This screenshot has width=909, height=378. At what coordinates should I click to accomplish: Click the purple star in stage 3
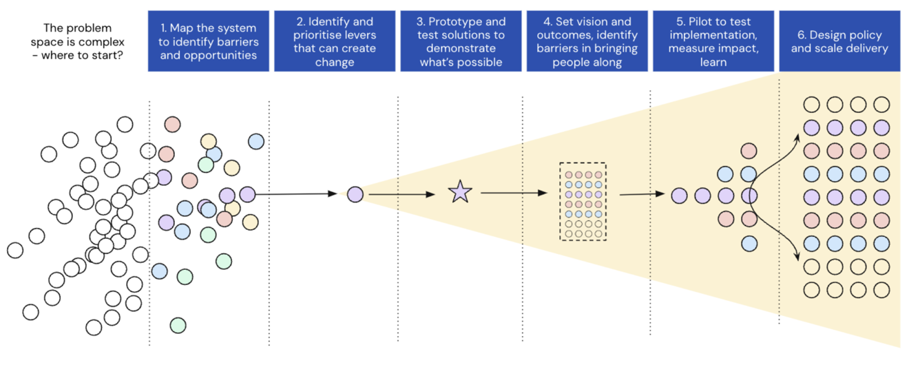click(460, 192)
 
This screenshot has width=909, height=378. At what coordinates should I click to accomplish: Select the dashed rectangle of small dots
click(583, 201)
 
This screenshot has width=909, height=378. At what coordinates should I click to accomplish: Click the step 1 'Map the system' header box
click(208, 41)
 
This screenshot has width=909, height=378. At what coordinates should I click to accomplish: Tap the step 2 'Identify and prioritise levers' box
click(335, 41)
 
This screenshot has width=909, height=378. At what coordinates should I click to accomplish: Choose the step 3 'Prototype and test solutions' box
click(461, 41)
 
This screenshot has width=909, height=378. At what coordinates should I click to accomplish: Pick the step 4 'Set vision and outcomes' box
click(587, 41)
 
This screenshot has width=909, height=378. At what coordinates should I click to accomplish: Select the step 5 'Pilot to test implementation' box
click(713, 41)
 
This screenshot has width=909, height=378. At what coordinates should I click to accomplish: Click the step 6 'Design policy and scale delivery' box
click(839, 41)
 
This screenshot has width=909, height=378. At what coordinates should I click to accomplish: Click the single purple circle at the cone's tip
click(355, 195)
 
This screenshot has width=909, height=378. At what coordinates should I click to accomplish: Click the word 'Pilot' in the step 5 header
click(700, 22)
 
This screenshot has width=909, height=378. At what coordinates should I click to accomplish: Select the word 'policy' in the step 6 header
click(873, 35)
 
